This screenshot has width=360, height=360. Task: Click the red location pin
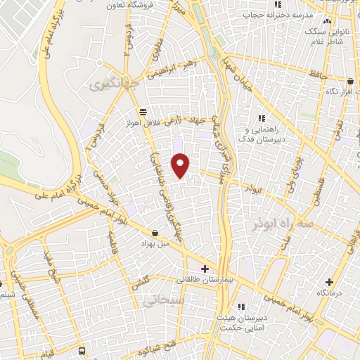click(x=181, y=166)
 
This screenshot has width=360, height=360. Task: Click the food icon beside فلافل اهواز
click(x=143, y=111)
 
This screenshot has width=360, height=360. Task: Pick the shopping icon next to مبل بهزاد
click(x=155, y=233)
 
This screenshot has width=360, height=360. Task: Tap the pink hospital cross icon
click(x=205, y=269)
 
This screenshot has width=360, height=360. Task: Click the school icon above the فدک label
click(x=262, y=117)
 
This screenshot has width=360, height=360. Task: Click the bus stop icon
click(x=82, y=350)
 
